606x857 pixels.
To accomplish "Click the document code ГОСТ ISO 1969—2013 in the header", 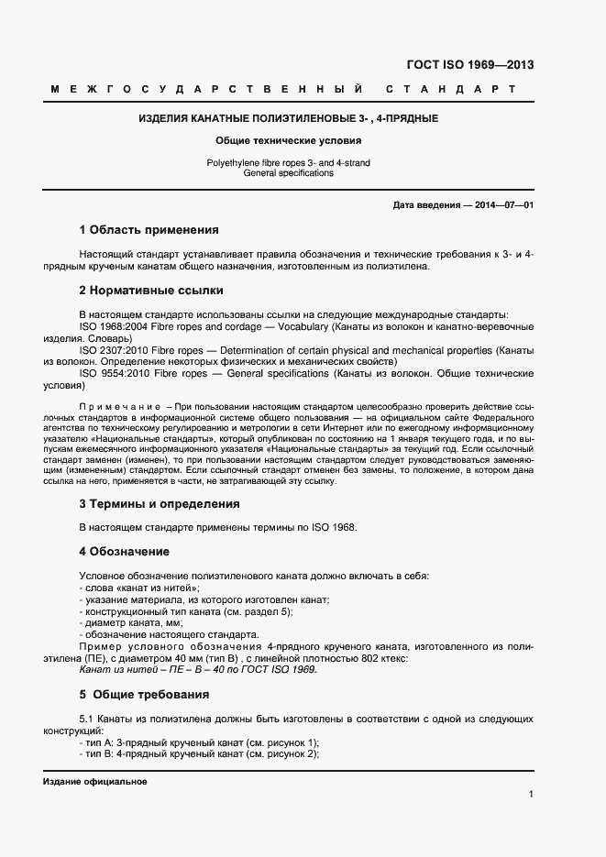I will (469, 65).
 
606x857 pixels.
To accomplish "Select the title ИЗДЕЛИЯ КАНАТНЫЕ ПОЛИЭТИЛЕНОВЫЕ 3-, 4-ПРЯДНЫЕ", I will (288, 118).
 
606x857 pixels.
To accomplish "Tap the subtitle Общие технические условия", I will (288, 141).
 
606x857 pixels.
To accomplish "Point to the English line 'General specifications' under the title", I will (288, 172).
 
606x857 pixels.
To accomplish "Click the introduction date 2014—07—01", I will (504, 205).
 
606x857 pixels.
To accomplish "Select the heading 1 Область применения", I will (149, 230).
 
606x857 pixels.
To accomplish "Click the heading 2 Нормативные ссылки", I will (151, 291).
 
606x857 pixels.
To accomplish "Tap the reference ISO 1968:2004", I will (118, 326).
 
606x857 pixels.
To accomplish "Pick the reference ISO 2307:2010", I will (118, 350).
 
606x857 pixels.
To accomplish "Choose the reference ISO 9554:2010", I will (118, 374).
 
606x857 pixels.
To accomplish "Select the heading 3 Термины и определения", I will (160, 503).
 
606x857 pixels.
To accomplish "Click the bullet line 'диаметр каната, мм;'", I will (131, 623).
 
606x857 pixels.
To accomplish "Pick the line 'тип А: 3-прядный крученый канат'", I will (199, 742).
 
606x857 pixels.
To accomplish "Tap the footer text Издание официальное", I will (94, 782).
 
